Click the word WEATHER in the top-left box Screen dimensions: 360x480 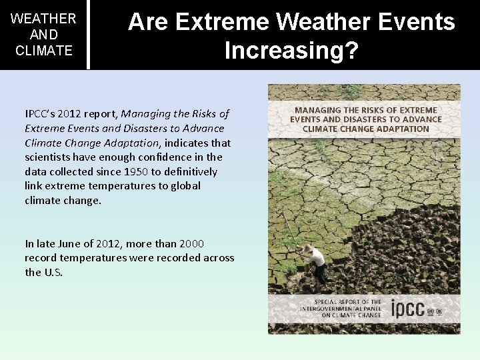pos(44,19)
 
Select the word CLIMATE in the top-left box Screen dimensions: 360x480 pos(44,50)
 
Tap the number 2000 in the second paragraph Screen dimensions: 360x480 pos(191,244)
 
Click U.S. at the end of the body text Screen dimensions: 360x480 pos(53,272)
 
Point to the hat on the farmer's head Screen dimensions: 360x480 pos(308,249)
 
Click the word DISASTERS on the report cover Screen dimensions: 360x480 pos(362,119)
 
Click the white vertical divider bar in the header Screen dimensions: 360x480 pos(88,34)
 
